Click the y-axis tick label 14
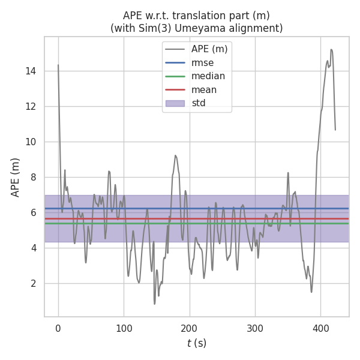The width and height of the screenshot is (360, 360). pyautogui.click(x=31, y=71)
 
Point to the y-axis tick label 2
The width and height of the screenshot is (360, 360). pyautogui.click(x=34, y=283)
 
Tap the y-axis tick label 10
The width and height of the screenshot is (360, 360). pyautogui.click(x=31, y=142)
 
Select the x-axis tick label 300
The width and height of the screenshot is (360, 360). pyautogui.click(x=255, y=328)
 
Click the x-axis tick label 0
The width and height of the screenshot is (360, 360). pyautogui.click(x=58, y=328)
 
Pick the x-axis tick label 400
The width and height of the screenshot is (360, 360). pyautogui.click(x=320, y=328)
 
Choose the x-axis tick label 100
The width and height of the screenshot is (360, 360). pyautogui.click(x=124, y=328)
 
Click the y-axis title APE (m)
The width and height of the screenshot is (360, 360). pyautogui.click(x=16, y=177)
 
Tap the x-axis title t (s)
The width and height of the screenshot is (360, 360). pyautogui.click(x=196, y=344)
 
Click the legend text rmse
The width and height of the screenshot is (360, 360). pyautogui.click(x=202, y=62)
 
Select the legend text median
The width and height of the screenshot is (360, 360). pyautogui.click(x=208, y=76)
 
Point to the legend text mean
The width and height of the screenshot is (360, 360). pyautogui.click(x=204, y=90)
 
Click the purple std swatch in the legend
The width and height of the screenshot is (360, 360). pyautogui.click(x=175, y=103)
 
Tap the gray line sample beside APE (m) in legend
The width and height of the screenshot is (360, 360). pyautogui.click(x=175, y=49)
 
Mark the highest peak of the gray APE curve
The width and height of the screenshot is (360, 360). pyautogui.click(x=331, y=49)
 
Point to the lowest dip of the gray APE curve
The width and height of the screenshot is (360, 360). pyautogui.click(x=154, y=304)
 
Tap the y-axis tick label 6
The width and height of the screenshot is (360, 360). pyautogui.click(x=34, y=212)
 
